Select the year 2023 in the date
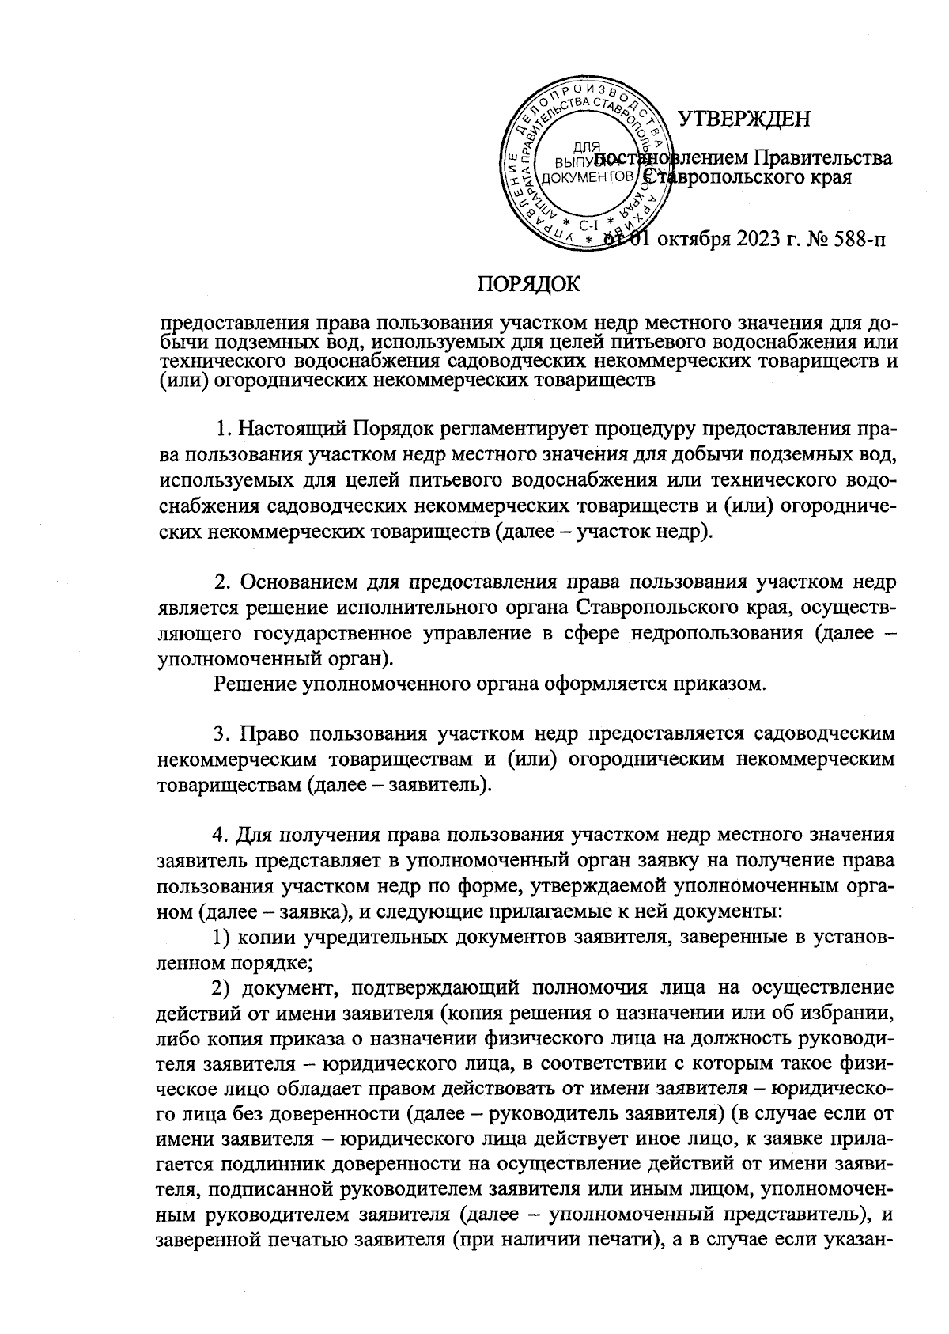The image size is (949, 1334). (x=739, y=240)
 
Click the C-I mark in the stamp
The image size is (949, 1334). (x=588, y=225)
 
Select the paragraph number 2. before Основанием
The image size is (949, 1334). (x=223, y=583)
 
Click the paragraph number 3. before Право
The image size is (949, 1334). (x=223, y=735)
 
